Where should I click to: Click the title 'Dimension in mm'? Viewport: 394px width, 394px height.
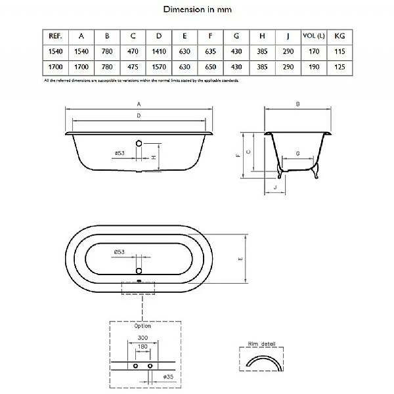coord(196,10)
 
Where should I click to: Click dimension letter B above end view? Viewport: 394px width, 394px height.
coord(297,104)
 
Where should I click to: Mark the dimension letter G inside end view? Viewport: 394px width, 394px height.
coord(298,153)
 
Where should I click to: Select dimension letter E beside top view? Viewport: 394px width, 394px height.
coord(240,260)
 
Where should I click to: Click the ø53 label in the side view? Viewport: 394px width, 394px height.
coord(120,153)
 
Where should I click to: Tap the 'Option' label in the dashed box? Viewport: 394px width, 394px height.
coord(142,326)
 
